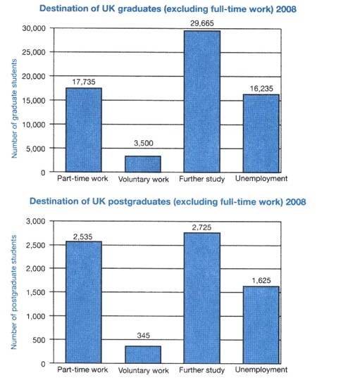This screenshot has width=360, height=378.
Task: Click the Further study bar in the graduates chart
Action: (202, 101)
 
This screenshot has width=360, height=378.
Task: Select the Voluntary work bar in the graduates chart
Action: (143, 164)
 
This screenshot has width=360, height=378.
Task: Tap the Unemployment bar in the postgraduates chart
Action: (261, 325)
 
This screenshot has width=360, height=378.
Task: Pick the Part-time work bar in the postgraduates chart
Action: (84, 302)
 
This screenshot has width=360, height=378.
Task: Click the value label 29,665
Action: (202, 23)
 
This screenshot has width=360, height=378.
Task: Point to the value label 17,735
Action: (84, 82)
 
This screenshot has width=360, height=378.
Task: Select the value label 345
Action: (143, 335)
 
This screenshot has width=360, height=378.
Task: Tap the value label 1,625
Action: (261, 280)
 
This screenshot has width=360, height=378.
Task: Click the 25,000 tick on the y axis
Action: (34, 52)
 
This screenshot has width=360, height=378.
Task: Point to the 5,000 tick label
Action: (36, 149)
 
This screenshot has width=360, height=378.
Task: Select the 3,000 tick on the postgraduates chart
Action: (36, 221)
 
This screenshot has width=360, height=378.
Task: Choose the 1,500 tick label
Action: (36, 292)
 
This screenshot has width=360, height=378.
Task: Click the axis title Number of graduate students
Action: (14, 108)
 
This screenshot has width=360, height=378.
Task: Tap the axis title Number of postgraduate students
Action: (13, 292)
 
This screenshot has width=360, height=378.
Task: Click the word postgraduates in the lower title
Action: (139, 201)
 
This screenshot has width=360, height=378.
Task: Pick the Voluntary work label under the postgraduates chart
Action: (143, 370)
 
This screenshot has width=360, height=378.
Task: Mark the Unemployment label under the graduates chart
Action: (261, 179)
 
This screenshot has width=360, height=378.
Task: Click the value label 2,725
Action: (201, 227)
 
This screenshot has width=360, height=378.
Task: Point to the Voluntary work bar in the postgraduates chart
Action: (143, 355)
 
